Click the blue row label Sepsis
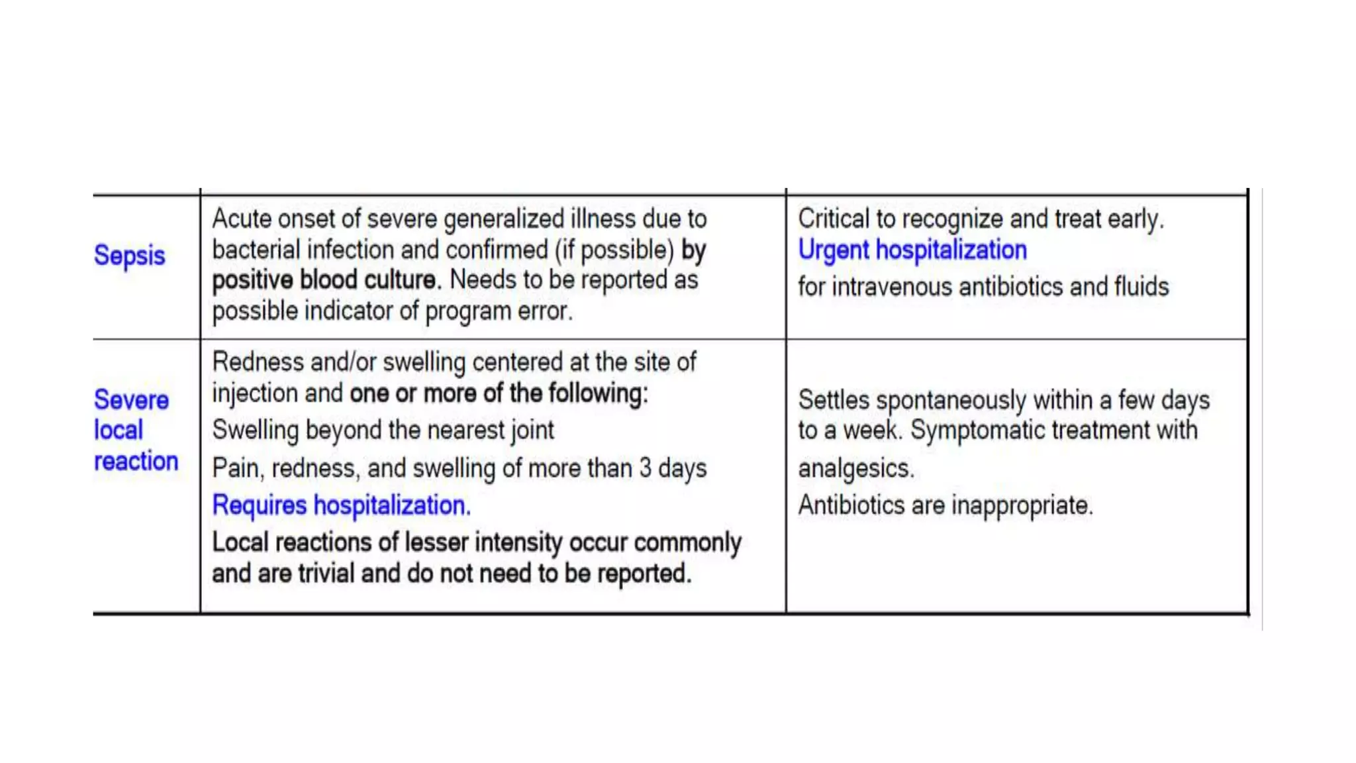(x=129, y=256)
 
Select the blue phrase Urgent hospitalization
(x=912, y=250)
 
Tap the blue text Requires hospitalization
(x=341, y=505)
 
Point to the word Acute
(x=241, y=219)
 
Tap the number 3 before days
(x=645, y=468)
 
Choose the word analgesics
(x=855, y=469)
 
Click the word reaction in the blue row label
(x=136, y=461)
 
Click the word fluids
(x=1141, y=287)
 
